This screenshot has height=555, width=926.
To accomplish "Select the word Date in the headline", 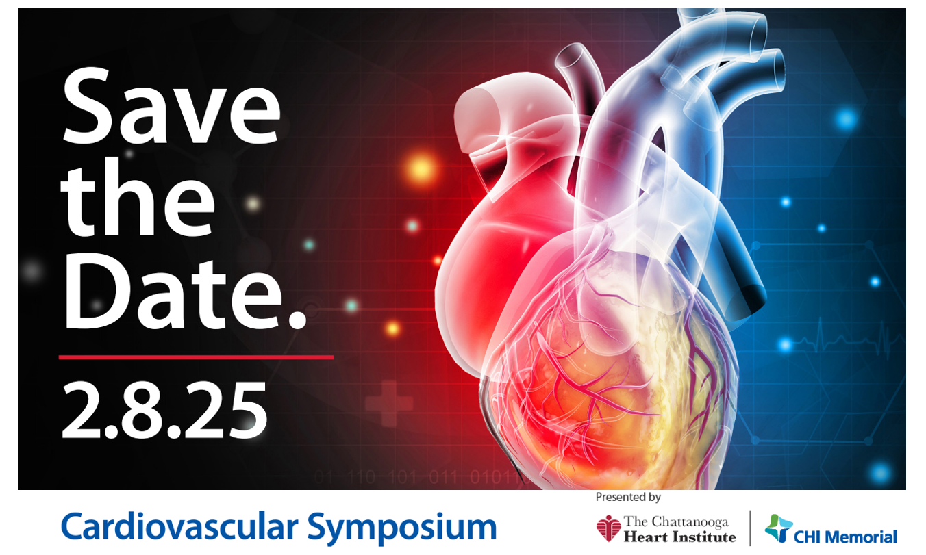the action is (x=174, y=290).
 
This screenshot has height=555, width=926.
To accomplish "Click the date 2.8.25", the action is (x=164, y=410).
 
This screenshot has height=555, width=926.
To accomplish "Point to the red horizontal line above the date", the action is (x=196, y=357).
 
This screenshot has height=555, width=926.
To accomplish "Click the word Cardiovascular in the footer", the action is (x=180, y=526).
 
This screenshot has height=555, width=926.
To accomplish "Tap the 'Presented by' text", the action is (x=628, y=498).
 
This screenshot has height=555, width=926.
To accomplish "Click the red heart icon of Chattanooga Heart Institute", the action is (x=608, y=528).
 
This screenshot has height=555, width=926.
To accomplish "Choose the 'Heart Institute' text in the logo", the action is (x=679, y=537).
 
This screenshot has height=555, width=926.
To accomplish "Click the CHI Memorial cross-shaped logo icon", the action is (x=779, y=528).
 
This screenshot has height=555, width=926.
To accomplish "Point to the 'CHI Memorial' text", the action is (x=845, y=537).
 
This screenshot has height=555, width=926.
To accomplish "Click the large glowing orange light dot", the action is (x=421, y=168).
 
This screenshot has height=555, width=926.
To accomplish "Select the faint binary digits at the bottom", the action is (x=418, y=478).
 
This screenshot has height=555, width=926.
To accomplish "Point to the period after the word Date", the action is (x=297, y=318).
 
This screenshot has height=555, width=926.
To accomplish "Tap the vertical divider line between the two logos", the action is (x=750, y=528).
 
